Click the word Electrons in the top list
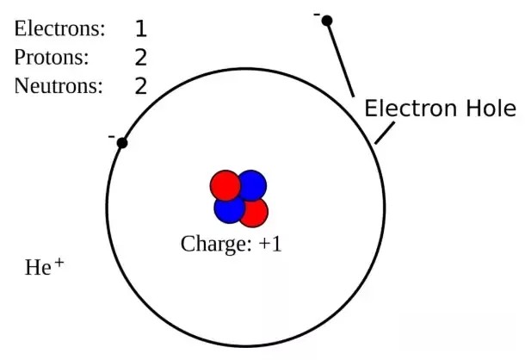tap(59, 28)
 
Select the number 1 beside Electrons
tap(141, 28)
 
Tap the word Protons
tap(52, 57)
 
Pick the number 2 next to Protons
tap(141, 58)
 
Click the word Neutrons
tap(59, 86)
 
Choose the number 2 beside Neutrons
tap(141, 86)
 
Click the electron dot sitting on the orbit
tap(122, 143)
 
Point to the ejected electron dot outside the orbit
tap(327, 21)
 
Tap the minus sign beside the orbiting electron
tap(112, 136)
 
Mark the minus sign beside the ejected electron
tap(317, 15)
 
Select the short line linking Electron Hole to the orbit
tap(385, 133)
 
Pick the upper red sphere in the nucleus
tap(225, 185)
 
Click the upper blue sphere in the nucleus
tap(252, 185)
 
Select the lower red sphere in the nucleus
tap(253, 212)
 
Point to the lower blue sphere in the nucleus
tap(229, 208)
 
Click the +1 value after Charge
tap(270, 244)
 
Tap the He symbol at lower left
tap(38, 268)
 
